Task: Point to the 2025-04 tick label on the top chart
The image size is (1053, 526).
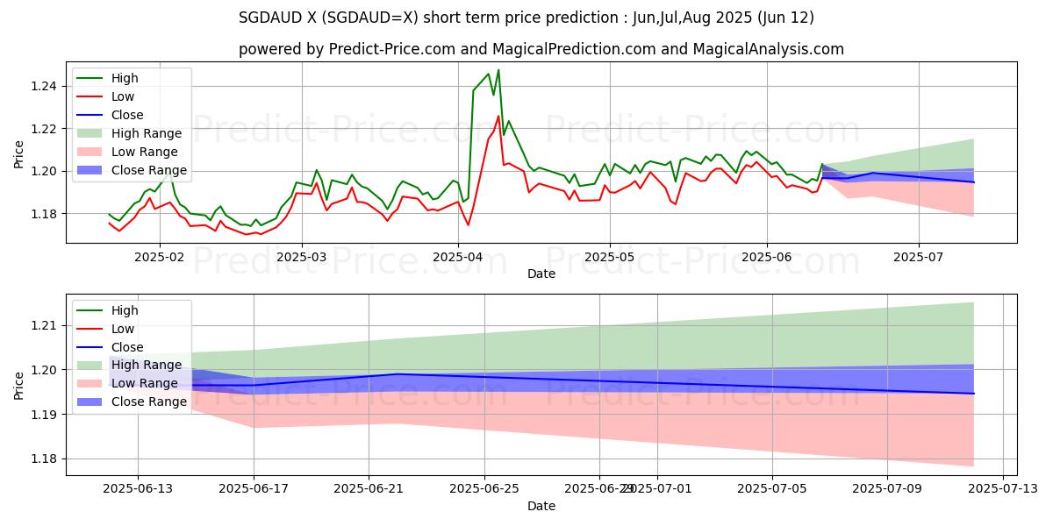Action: (x=458, y=257)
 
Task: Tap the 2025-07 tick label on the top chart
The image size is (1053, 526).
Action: (x=918, y=257)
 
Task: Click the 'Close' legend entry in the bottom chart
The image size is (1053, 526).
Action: (x=128, y=347)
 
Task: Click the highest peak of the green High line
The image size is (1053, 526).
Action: (x=498, y=70)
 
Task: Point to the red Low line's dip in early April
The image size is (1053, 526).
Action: (x=468, y=225)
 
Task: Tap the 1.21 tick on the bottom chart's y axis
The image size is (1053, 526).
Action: (x=44, y=325)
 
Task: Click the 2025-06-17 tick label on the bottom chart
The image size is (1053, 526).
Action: (x=254, y=489)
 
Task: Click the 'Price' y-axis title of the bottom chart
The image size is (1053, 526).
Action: (x=19, y=384)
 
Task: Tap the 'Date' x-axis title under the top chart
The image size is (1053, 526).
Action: (x=541, y=274)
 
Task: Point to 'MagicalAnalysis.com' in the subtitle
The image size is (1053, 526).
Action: (x=769, y=49)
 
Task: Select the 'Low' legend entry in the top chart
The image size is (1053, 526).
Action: (x=124, y=96)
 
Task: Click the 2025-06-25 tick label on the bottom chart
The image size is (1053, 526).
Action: (x=484, y=489)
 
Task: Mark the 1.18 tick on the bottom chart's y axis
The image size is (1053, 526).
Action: (x=44, y=458)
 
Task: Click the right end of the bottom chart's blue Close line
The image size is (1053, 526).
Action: (x=974, y=394)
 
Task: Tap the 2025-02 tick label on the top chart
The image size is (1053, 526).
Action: (x=159, y=257)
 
